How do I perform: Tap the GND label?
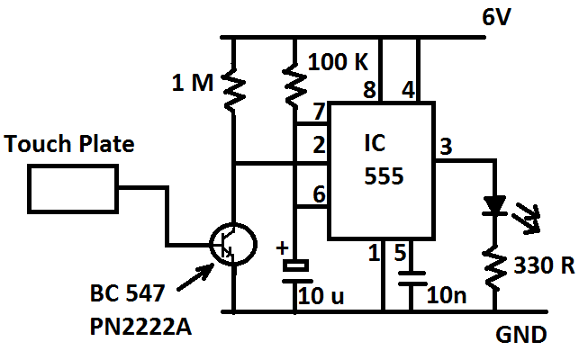[520, 336]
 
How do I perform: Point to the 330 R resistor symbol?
[493, 267]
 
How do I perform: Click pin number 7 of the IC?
[316, 112]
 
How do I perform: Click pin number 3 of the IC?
[445, 145]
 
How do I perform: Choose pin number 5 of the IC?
[402, 254]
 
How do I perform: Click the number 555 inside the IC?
[384, 177]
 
